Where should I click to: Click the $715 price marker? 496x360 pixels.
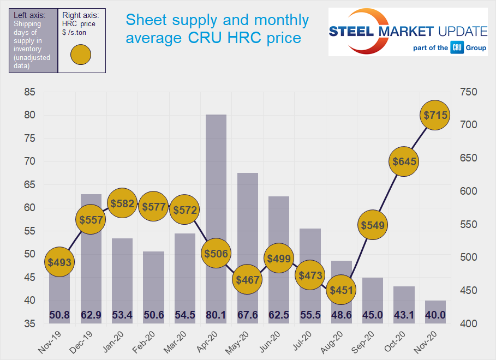coord(435,115)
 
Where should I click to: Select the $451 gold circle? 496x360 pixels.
coord(341,290)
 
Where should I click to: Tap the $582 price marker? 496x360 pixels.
coord(122,203)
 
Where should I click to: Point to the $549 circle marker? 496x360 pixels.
coord(372,225)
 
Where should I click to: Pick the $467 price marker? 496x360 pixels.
coord(247,279)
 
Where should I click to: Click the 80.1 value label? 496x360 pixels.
coord(216,315)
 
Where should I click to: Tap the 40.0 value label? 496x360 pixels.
coord(435,315)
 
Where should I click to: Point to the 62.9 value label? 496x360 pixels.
coord(91,315)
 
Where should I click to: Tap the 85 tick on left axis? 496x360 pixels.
coord(30,92)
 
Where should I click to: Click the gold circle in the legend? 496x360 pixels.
coord(81,56)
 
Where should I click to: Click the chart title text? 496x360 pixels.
coord(217,29)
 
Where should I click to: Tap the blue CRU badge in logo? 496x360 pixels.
coord(457,47)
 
